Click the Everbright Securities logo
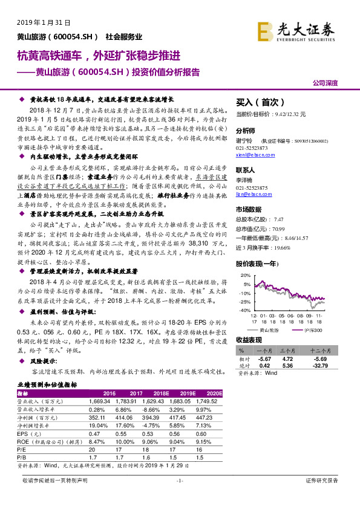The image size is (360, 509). (303, 29)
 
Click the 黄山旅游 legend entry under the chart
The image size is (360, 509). (268, 331)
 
